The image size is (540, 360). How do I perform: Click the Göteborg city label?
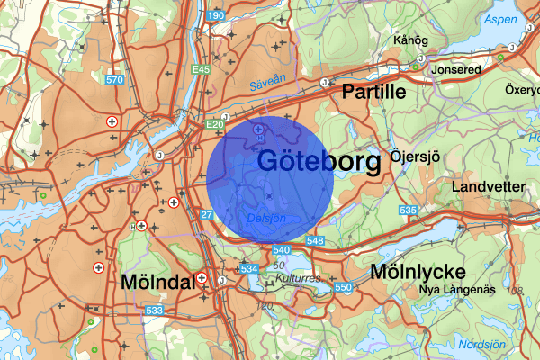(x=319, y=162)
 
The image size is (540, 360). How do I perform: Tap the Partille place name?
(x=373, y=92)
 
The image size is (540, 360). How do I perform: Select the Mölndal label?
(x=157, y=283)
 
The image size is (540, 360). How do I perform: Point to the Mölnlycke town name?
(x=418, y=272)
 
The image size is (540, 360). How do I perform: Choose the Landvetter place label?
(x=489, y=187)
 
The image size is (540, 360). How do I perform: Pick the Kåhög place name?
(x=410, y=40)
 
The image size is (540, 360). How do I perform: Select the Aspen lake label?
(x=500, y=19)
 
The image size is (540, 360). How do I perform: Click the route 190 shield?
(x=215, y=16)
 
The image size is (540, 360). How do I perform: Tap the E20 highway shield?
(x=214, y=124)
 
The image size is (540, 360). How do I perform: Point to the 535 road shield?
(x=409, y=211)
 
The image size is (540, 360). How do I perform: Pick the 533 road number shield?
(x=155, y=310)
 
